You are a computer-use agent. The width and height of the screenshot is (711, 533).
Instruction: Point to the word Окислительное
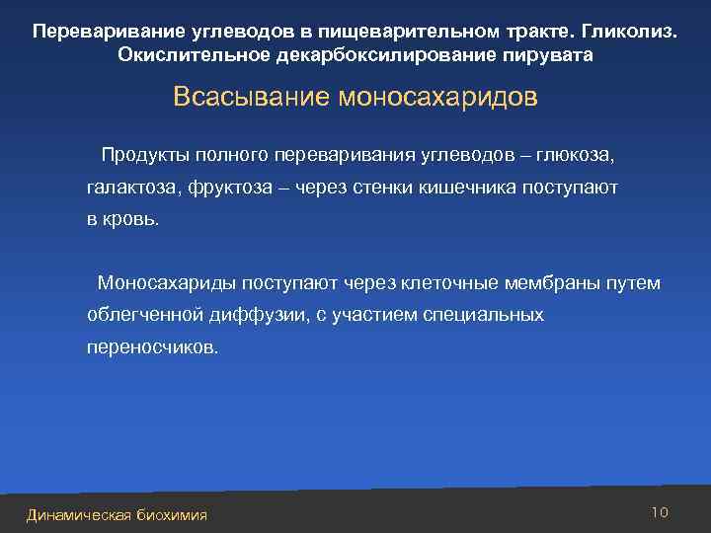coord(188,54)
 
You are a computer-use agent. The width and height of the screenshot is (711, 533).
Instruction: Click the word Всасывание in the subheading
coord(251,98)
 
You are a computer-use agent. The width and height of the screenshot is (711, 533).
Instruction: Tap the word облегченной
coord(145,315)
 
